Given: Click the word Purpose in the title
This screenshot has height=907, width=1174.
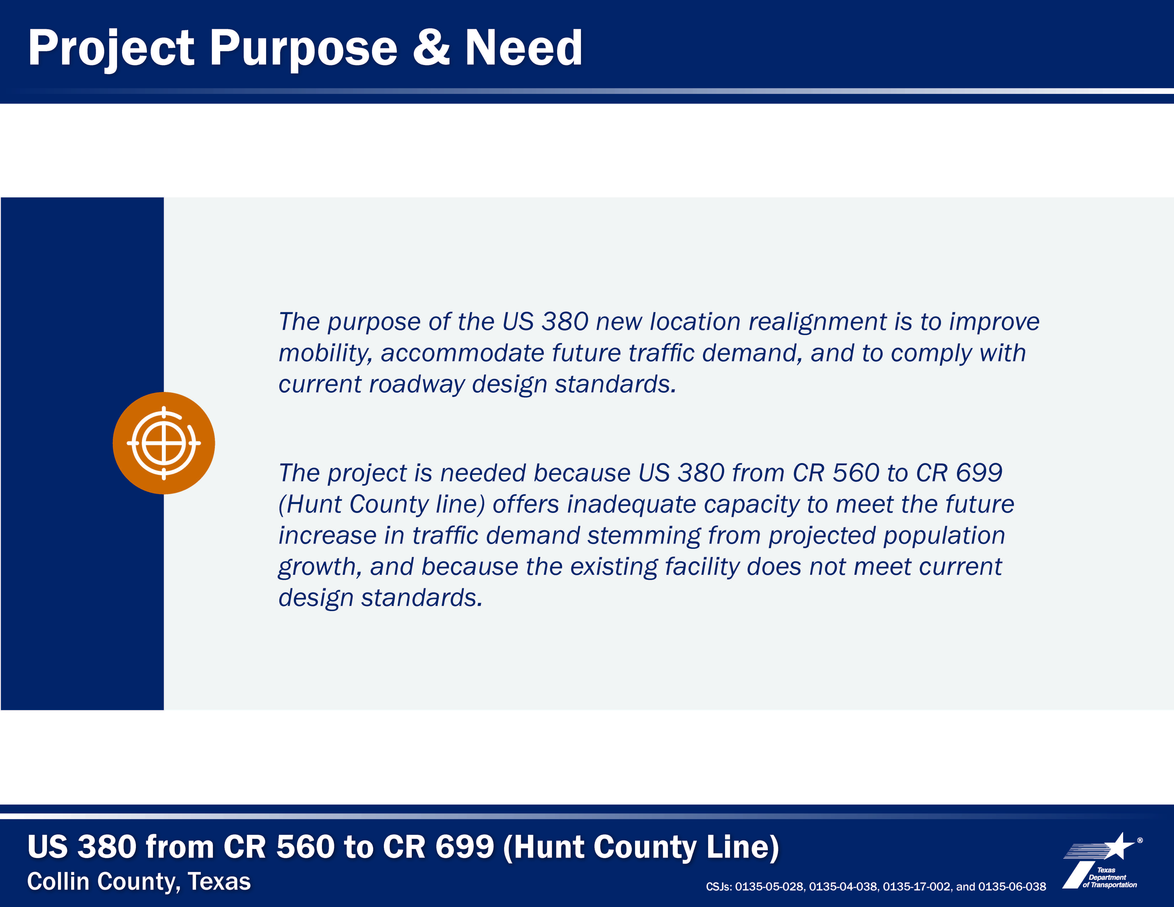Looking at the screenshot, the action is tap(303, 48).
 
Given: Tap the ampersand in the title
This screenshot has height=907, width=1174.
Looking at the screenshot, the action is tap(431, 47).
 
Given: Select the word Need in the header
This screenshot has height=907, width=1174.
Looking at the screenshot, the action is tap(523, 47).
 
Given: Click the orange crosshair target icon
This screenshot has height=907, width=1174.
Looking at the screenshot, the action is tap(164, 443).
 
